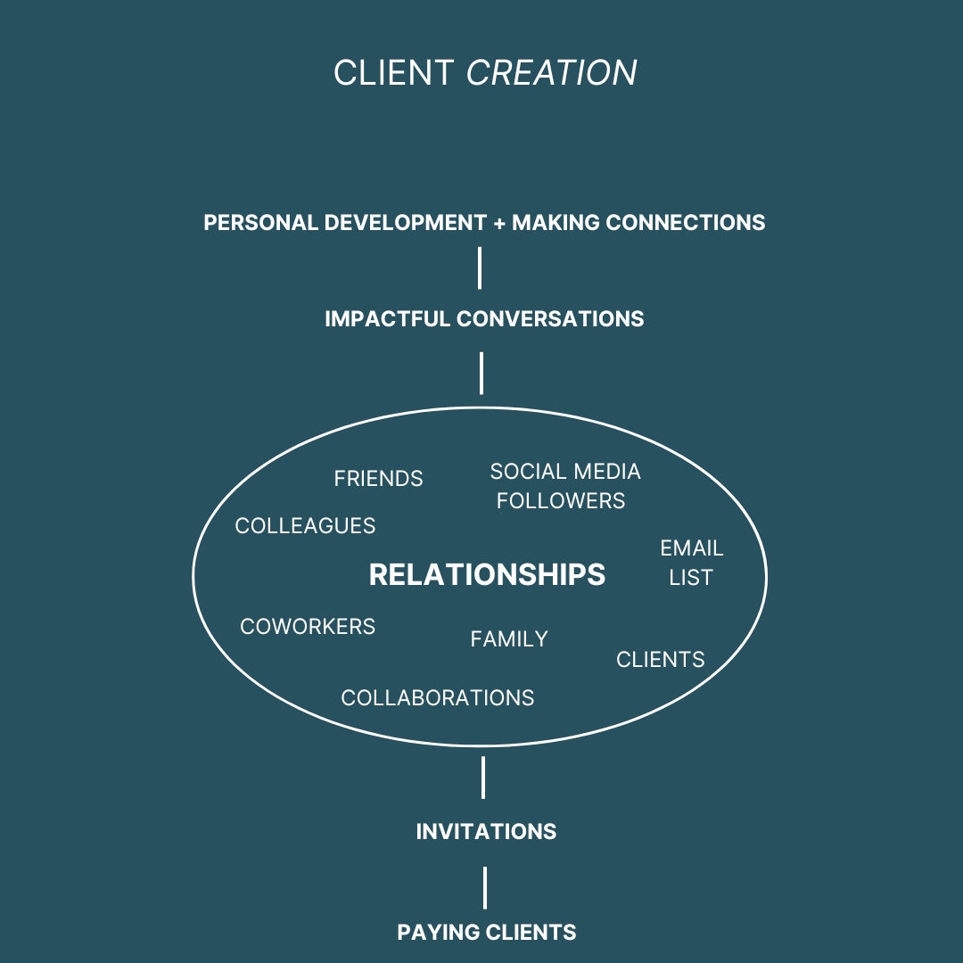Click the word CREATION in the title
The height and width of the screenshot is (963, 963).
(552, 73)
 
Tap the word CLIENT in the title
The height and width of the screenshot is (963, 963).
(393, 73)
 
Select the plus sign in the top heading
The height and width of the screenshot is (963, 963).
(499, 223)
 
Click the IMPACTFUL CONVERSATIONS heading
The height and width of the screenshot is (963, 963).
(484, 319)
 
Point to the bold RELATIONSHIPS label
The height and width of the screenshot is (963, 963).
(487, 575)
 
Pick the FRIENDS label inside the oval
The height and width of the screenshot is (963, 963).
(378, 479)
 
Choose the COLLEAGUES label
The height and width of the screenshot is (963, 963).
(305, 526)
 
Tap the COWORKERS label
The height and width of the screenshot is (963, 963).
(308, 627)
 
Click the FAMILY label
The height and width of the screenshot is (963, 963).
(509, 639)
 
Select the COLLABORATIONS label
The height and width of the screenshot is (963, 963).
(438, 698)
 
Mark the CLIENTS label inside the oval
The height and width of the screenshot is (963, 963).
(661, 660)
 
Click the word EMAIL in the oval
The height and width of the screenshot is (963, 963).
(692, 548)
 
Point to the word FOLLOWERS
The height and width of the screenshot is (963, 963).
(561, 501)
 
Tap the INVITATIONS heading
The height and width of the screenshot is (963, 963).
(486, 832)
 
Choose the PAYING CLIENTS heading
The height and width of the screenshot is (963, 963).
(487, 933)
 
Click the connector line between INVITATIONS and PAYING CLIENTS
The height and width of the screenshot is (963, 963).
(485, 887)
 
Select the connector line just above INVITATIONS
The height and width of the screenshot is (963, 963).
(483, 778)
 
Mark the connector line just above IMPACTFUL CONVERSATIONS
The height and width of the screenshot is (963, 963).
(480, 268)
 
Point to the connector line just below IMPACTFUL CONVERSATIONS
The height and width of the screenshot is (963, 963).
(481, 373)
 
